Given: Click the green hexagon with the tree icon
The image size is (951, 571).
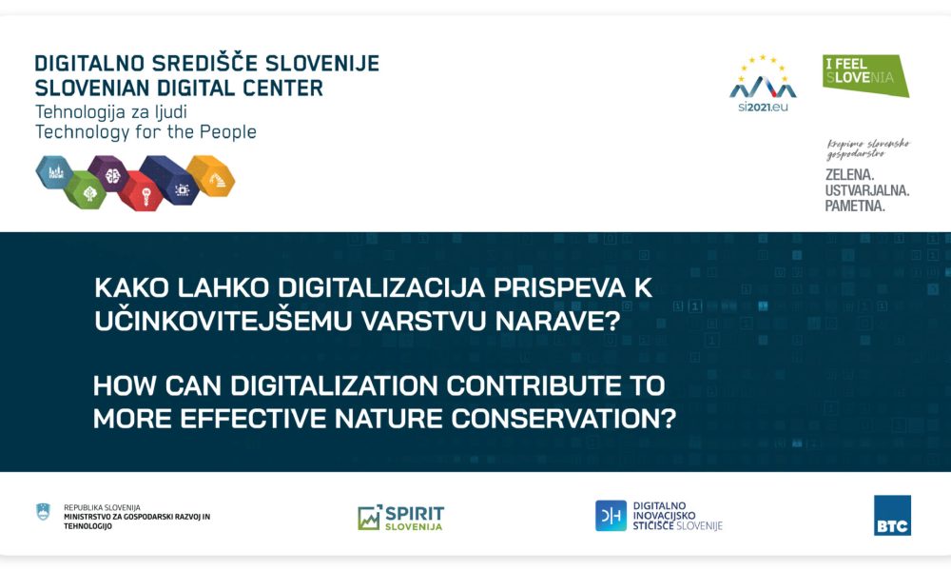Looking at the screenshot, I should coord(87,190).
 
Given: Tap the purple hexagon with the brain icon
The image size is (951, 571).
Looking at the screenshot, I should coord(110,174).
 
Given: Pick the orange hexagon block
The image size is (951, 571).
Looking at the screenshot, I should coord(210,175).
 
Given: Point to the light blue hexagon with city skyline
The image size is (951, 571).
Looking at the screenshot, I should coord(53,172).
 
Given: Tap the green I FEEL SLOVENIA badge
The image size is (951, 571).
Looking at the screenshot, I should coord(864,74).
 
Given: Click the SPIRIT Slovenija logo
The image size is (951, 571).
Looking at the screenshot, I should coord(400,518).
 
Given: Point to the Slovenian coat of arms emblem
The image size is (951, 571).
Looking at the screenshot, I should coord(43,512).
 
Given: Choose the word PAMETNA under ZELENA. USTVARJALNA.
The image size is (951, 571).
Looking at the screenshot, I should coord(855,206).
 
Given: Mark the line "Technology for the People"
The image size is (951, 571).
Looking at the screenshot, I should coord(146,132).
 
